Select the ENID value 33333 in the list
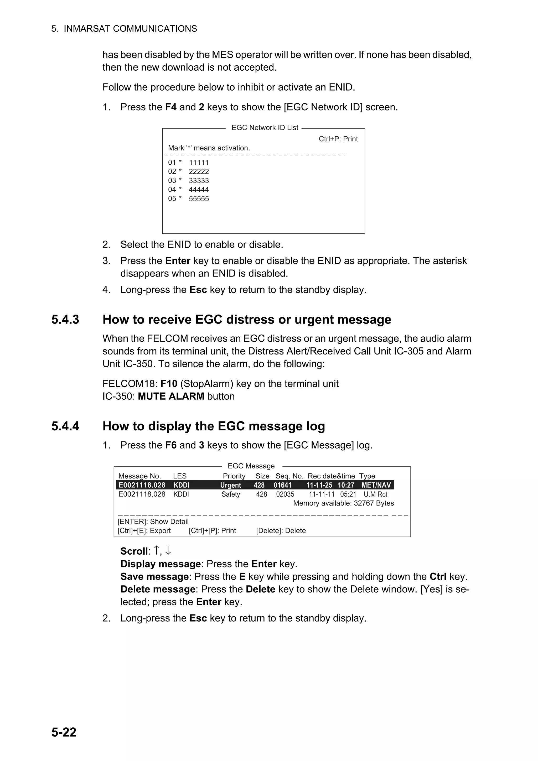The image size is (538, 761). click(199, 181)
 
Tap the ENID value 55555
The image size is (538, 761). click(199, 199)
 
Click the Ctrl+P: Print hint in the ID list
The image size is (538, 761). click(338, 139)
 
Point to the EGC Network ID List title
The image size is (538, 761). click(265, 128)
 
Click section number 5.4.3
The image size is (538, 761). click(65, 320)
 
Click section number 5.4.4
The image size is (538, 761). click(65, 426)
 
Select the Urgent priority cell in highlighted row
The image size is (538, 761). click(230, 485)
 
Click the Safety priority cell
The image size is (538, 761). click(230, 494)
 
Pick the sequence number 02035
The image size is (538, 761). click(285, 494)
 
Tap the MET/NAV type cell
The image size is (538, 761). click(376, 485)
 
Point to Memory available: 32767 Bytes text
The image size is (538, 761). click(343, 503)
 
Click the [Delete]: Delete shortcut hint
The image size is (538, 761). click(281, 531)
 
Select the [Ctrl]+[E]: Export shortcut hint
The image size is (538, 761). click(144, 531)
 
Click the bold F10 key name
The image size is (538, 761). click(169, 384)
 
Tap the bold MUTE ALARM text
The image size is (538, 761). click(171, 397)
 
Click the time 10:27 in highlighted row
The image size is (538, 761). click(346, 485)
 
